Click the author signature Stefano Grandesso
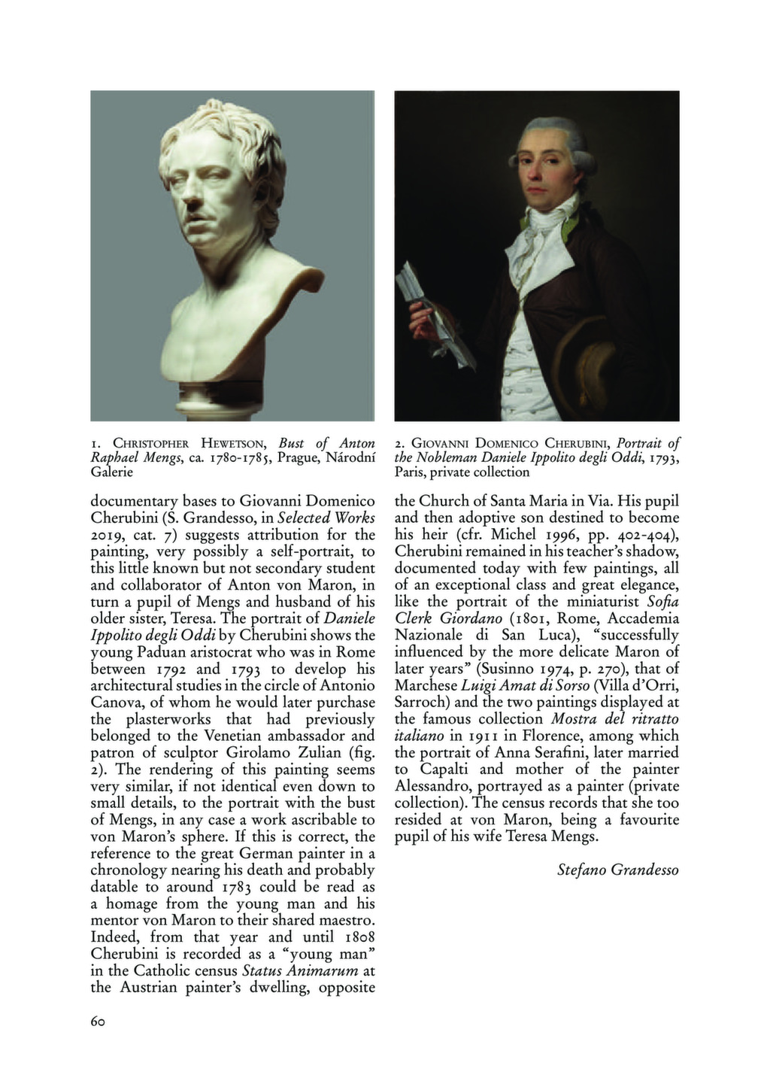617,870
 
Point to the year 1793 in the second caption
663,459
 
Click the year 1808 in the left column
354,937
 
